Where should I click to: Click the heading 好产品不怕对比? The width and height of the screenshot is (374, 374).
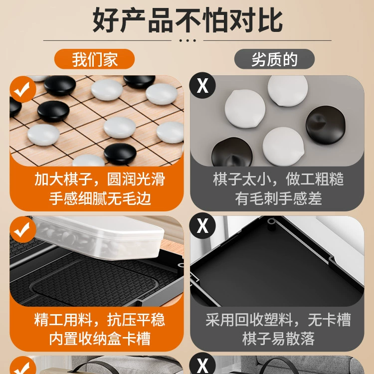point(187,20)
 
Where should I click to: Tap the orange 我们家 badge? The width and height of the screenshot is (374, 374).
point(94,59)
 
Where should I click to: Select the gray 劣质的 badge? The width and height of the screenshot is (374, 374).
point(274,59)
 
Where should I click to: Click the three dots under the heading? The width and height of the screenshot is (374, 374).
point(187,40)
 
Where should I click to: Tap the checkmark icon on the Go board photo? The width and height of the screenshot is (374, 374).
point(23,89)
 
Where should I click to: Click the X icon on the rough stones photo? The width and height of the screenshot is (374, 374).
point(202,85)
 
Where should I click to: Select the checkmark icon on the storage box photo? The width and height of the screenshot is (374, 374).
point(23,230)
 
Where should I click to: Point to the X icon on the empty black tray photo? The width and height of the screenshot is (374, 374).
point(202,225)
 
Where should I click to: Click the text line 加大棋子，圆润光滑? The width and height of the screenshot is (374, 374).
point(100,179)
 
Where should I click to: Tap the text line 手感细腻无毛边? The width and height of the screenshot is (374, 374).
point(100,198)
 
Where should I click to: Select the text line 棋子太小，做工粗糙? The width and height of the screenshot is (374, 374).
point(278,179)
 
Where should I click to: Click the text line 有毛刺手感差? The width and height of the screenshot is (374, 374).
point(278,198)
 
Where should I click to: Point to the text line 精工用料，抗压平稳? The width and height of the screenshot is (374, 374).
point(100,319)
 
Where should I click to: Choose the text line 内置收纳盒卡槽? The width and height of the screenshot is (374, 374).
point(100,339)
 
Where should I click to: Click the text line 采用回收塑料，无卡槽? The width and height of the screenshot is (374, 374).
point(278,319)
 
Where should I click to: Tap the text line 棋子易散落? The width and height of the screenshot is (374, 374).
point(278,339)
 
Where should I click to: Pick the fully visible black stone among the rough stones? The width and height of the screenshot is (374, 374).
point(326,125)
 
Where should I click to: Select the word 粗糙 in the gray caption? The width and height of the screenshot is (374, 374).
point(330,179)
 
